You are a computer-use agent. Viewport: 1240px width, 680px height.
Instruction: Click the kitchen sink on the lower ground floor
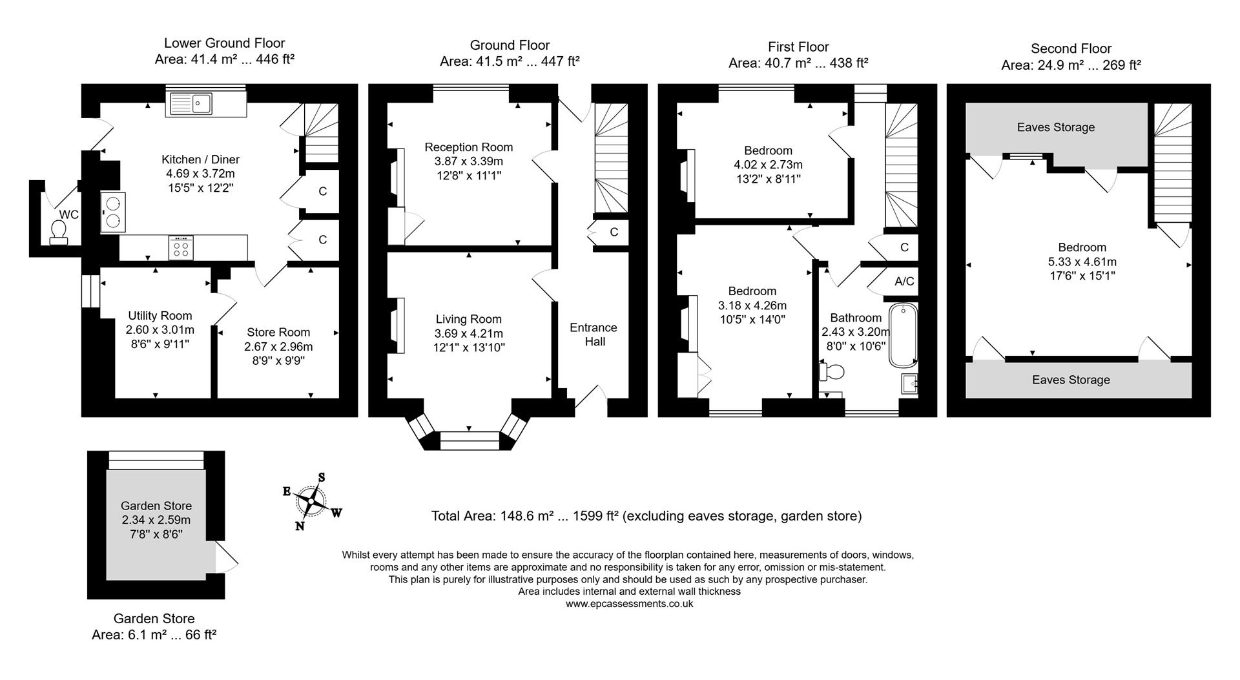coord(206,104)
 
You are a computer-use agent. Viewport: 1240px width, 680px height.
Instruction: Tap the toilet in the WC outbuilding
coord(58,232)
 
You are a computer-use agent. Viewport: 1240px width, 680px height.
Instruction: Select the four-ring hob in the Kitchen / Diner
coord(181,247)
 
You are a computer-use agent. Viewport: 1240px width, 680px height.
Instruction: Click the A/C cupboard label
coord(904,282)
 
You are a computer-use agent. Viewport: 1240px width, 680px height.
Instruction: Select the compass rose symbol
coord(311,502)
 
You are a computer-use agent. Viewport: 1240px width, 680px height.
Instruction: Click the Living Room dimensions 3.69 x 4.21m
coord(468,333)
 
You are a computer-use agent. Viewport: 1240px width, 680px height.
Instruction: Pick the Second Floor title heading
coord(1071,48)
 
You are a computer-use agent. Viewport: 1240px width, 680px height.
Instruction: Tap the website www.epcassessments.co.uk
coord(629,604)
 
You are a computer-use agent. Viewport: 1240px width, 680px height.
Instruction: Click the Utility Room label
coord(160,316)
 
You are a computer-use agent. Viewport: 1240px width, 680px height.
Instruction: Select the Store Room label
coord(278,332)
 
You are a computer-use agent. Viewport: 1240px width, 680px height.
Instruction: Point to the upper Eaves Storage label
coord(1055,127)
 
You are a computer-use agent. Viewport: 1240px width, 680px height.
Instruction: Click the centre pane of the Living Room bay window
coord(469,440)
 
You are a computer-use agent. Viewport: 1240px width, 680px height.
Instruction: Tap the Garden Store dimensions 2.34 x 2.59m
coord(156,520)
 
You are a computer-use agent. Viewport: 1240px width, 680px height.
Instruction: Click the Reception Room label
coord(468,147)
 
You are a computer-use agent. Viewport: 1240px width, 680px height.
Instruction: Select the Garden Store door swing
coord(226,556)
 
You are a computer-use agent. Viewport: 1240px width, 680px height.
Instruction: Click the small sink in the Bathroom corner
coord(909,384)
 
